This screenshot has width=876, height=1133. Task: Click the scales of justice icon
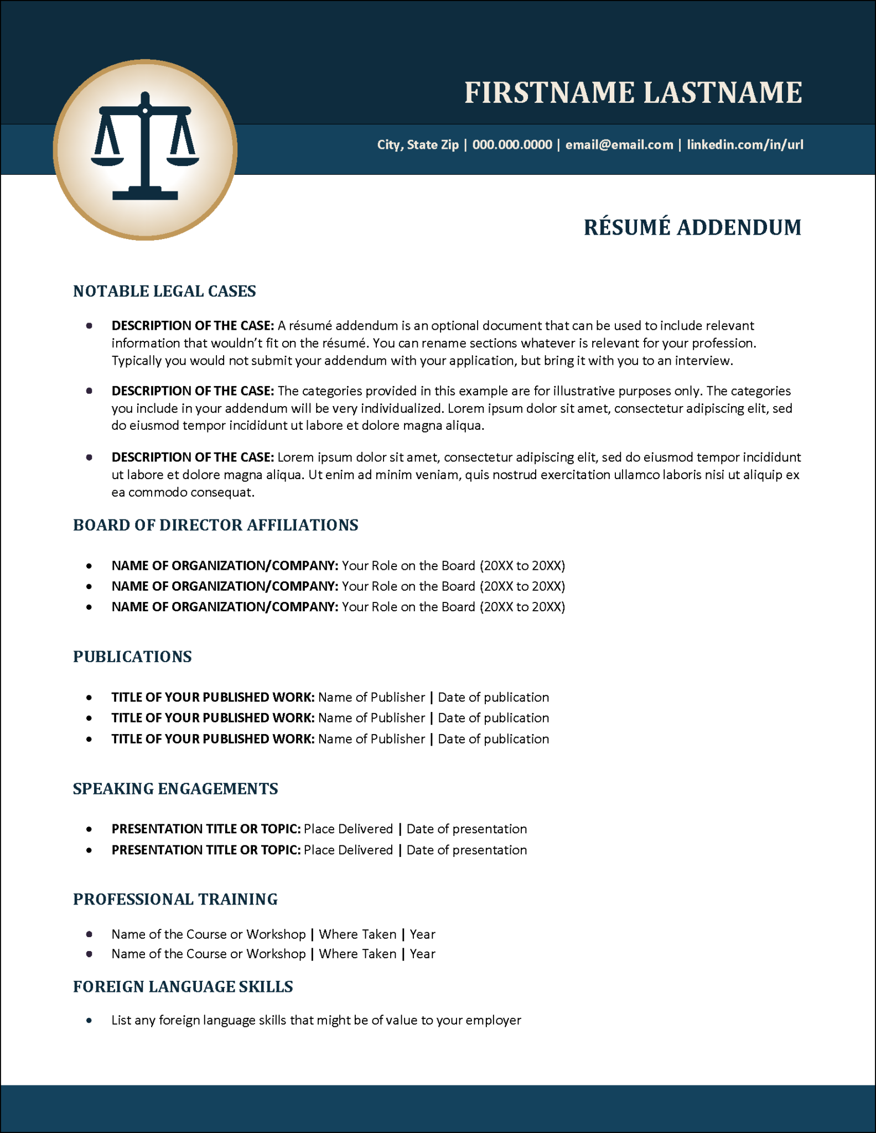tap(145, 147)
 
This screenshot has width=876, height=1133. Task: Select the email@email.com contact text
tap(619, 145)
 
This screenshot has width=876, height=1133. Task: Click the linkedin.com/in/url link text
tap(745, 145)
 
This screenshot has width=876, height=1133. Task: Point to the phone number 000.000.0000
tap(512, 145)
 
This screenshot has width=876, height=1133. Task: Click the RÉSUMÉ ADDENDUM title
tap(692, 227)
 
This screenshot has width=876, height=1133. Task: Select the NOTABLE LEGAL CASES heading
tap(164, 292)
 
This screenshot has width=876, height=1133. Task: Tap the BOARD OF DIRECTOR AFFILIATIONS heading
tap(215, 525)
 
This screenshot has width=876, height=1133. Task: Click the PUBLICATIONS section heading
tap(132, 657)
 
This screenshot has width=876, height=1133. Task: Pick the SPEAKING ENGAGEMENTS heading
tap(175, 789)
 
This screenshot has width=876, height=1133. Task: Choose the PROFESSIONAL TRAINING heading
tap(175, 900)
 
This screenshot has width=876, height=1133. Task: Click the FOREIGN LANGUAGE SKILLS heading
tap(183, 987)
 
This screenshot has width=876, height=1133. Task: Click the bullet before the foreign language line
tap(89, 1021)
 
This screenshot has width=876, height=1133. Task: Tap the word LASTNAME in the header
tap(722, 92)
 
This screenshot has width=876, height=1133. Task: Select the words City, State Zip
tap(418, 145)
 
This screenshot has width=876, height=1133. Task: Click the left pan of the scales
tap(107, 160)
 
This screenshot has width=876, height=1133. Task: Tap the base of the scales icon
tap(145, 194)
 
